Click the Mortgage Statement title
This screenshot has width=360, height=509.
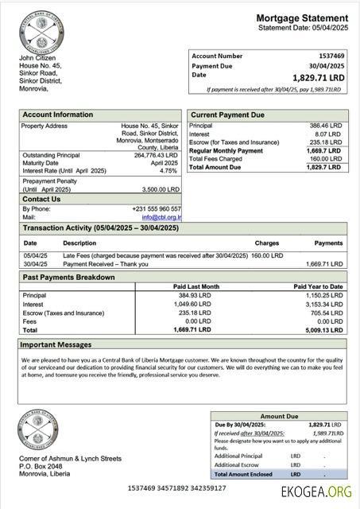302,17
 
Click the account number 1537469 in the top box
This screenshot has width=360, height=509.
331,56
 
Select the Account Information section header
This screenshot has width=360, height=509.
57,115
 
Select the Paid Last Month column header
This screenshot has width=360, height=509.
195,286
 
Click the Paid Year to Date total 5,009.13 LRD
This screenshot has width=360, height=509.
324,329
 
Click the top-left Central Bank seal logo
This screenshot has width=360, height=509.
39,32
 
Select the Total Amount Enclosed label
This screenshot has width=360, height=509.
244,474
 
